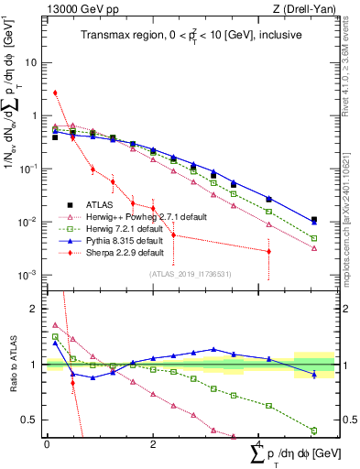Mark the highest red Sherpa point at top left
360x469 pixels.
[x=55, y=93]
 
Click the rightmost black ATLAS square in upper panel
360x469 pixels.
[x=314, y=220]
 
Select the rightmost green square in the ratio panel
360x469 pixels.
[x=314, y=431]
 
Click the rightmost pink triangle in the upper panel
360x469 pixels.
[x=314, y=248]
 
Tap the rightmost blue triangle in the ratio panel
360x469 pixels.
[x=314, y=374]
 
